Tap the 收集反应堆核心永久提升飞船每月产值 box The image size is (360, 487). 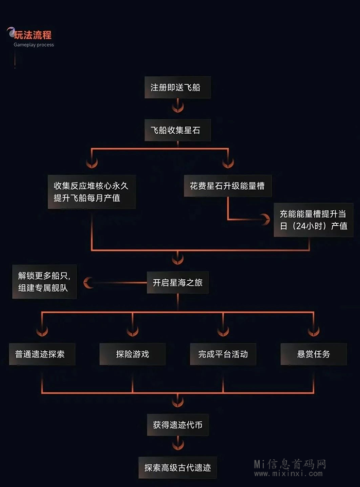click(92, 191)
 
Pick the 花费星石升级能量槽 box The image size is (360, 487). click(227, 186)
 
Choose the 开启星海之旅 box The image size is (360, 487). click(177, 282)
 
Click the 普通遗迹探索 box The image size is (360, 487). click(42, 354)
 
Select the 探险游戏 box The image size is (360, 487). click(132, 354)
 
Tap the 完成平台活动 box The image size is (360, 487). click(223, 354)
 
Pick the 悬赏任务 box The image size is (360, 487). click(313, 354)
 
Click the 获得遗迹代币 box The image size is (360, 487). click(177, 425)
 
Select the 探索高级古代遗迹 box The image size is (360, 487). click(177, 468)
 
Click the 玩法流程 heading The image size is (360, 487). click(33, 35)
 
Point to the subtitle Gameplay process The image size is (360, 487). click(33, 45)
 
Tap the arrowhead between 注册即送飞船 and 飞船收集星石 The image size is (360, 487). click(177, 109)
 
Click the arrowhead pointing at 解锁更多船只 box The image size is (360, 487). click(89, 282)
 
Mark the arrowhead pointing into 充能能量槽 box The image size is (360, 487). click(265, 220)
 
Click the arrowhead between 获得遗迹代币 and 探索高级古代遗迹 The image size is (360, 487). click(177, 445)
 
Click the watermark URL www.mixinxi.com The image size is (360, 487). click(291, 474)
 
